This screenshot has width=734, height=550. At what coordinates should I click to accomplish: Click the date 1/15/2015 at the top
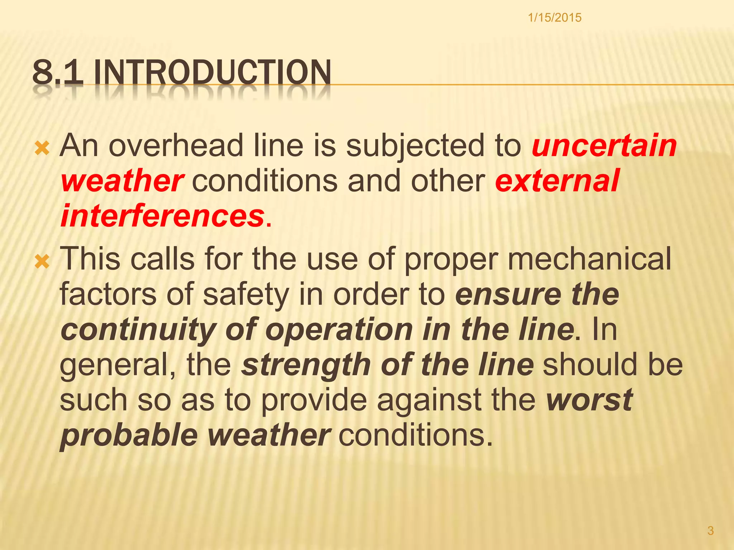(554, 18)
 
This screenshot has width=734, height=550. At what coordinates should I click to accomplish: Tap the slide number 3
(710, 530)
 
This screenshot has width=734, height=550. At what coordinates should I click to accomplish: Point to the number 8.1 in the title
(57, 73)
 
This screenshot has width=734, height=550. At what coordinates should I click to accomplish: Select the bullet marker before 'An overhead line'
(42, 148)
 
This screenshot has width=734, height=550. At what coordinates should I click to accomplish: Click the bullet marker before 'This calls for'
(42, 262)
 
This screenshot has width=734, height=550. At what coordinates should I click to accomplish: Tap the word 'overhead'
(176, 146)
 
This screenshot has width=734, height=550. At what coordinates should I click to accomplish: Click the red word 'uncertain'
(604, 146)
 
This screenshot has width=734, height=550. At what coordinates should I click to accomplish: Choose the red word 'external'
(557, 181)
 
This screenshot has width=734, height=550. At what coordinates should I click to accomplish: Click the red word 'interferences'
(162, 216)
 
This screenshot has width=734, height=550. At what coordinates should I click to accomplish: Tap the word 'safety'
(246, 295)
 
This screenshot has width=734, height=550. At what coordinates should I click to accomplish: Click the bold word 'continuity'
(138, 330)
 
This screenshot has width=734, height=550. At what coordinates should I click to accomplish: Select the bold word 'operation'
(339, 330)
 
